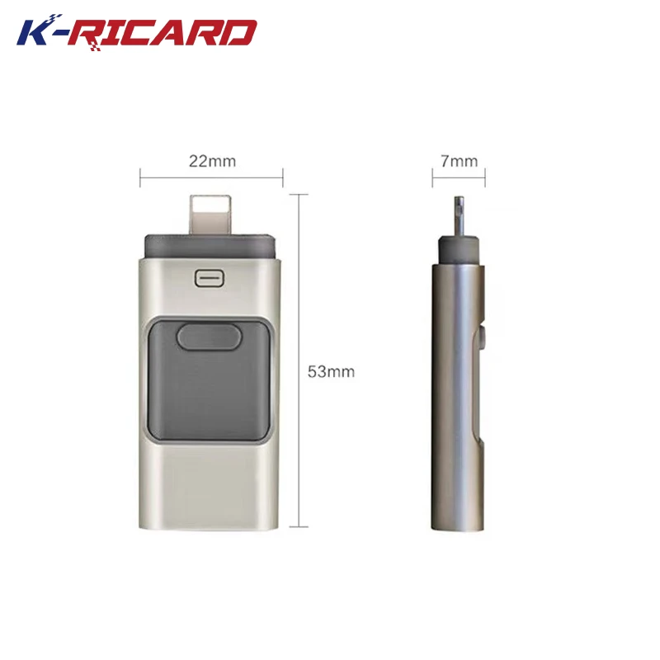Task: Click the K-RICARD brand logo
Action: coord(137,32)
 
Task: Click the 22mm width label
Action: coord(212,161)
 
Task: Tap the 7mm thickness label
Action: coord(459,161)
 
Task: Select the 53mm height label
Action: coord(331,371)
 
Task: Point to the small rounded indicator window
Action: coord(210,277)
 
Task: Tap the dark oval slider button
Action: coord(207,336)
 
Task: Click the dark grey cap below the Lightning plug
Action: coord(210,244)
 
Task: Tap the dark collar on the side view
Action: coord(459,247)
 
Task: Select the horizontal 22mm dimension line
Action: coord(212,177)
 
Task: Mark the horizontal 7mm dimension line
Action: coord(459,177)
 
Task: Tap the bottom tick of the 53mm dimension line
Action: coord(298,526)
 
